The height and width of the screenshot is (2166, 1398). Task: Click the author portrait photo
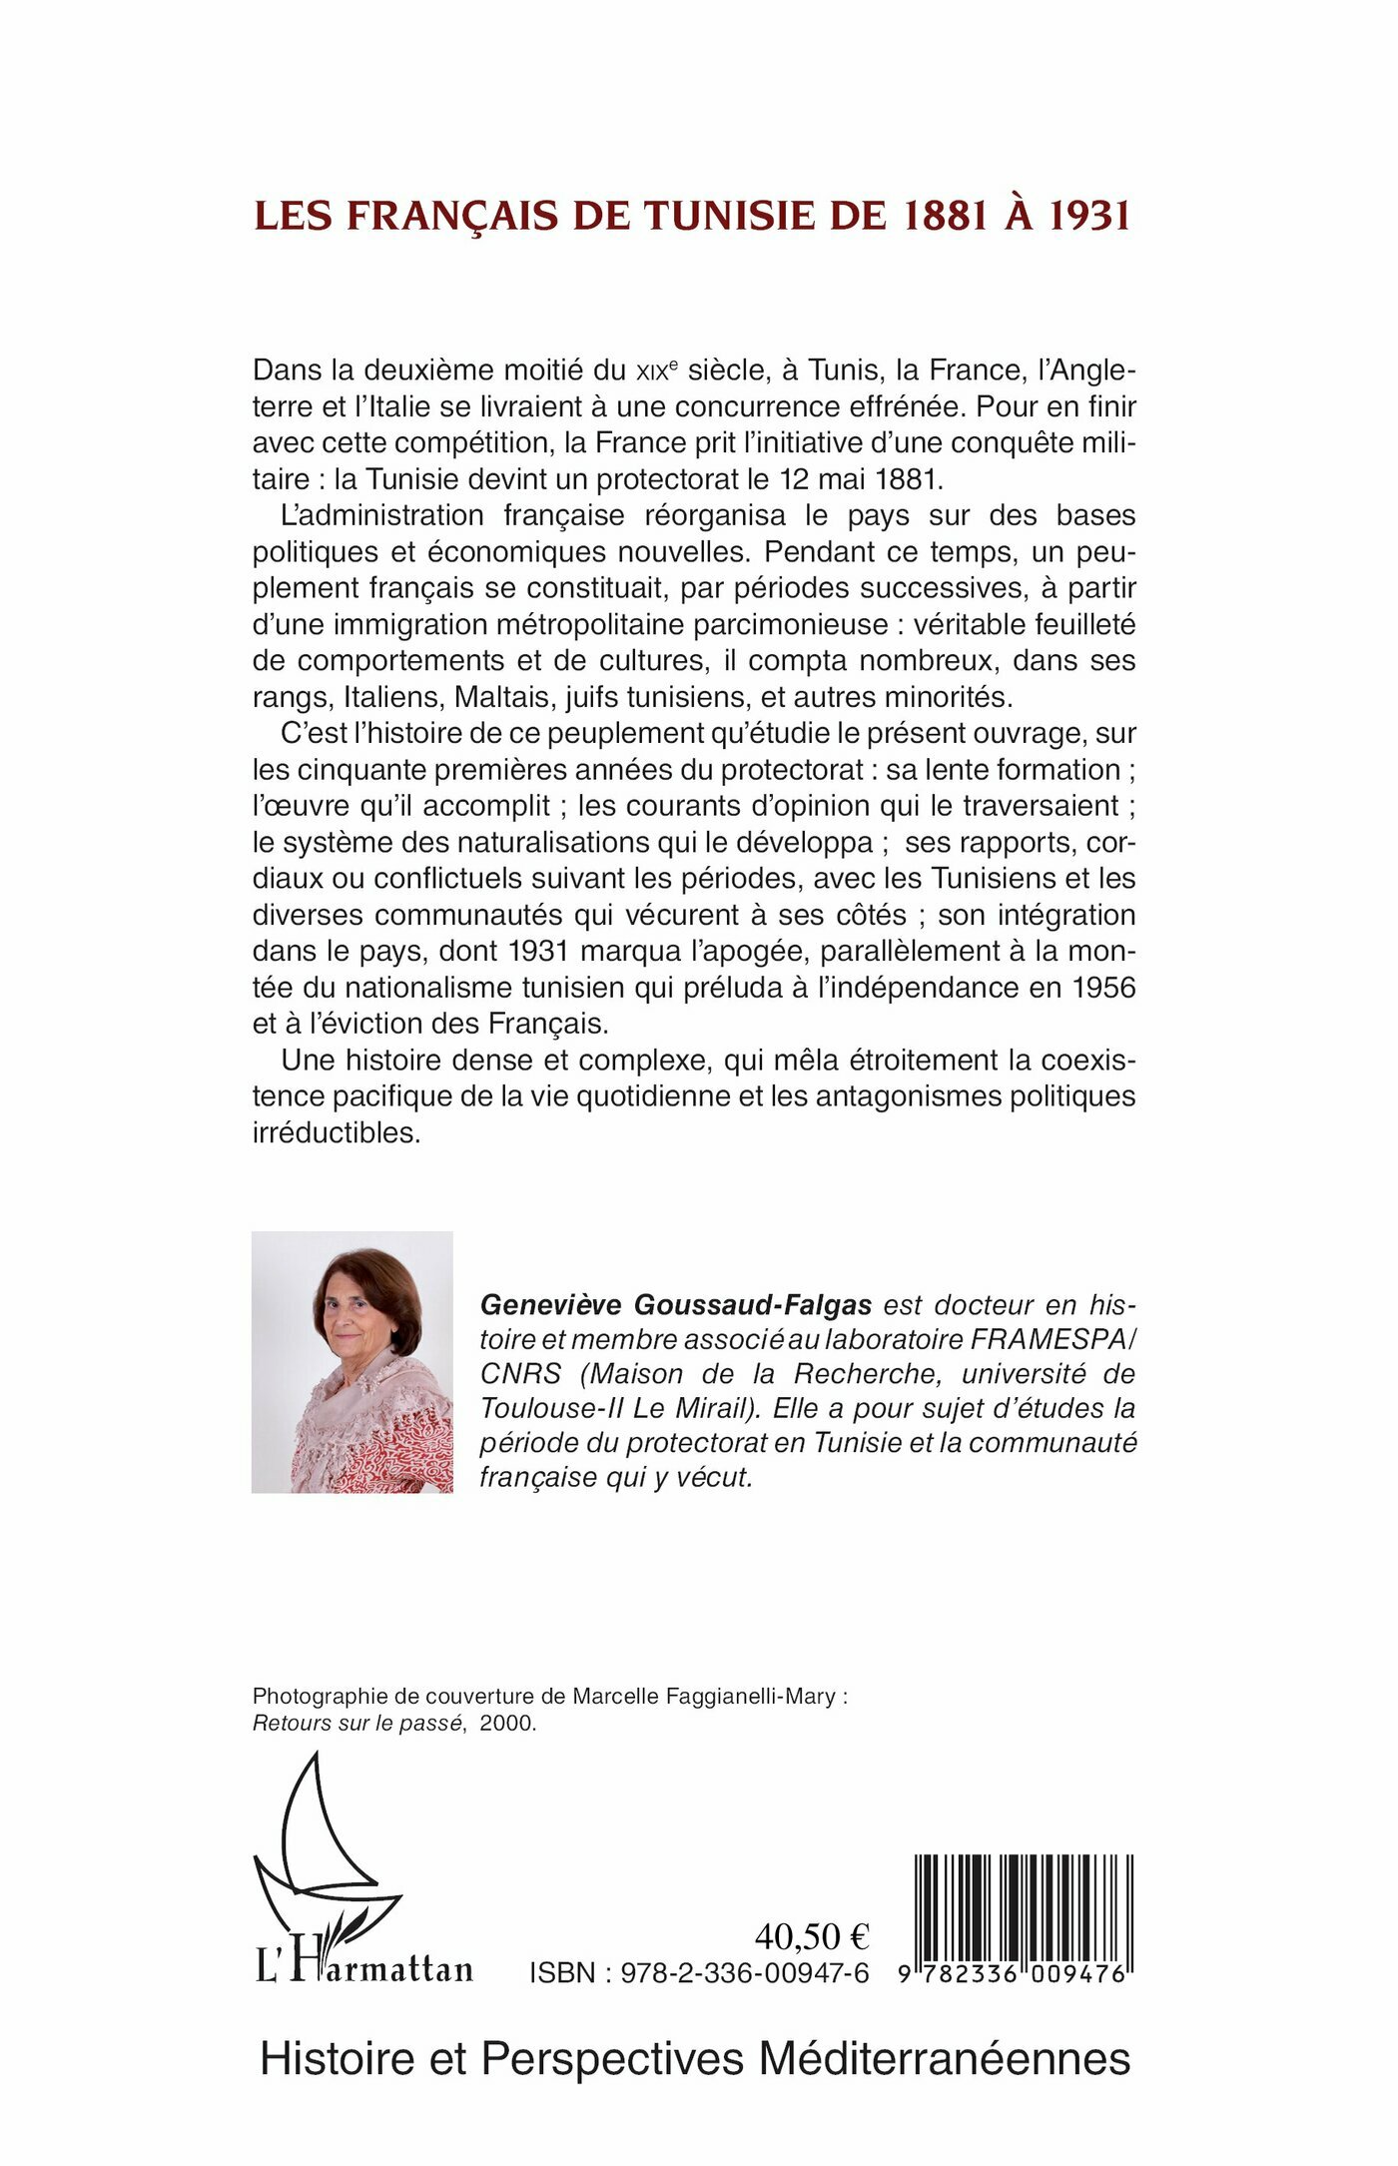351,1362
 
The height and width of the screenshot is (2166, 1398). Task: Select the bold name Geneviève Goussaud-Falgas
676,1305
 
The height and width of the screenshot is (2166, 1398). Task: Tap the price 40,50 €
812,1936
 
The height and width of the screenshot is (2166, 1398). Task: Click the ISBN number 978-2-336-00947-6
744,1973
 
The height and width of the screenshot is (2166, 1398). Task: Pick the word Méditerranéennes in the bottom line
945,2058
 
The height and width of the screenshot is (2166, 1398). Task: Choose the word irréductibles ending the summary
337,1133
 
